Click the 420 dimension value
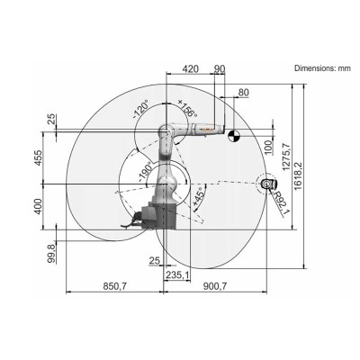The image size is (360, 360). pos(190,69)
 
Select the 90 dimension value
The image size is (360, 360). pos(220,69)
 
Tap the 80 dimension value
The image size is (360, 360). pos(242,92)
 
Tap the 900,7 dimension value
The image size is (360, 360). pos(214,286)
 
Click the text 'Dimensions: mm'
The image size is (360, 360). pos(325,68)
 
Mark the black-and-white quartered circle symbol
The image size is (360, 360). pos(234,136)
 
